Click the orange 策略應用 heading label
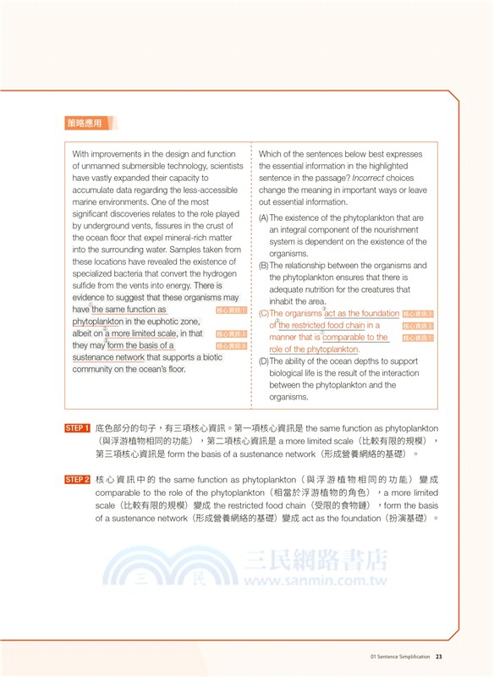84,124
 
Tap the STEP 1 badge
78,428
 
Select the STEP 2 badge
78,480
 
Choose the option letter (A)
264,218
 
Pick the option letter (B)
264,266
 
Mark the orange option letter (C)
264,313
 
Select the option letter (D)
264,361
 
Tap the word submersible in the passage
147,167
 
